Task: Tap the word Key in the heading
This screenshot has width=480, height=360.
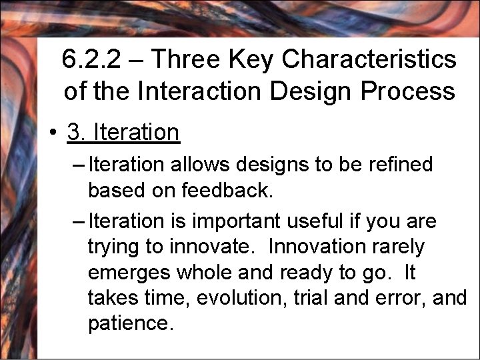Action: (255, 60)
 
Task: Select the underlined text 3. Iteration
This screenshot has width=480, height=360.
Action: (123, 133)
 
